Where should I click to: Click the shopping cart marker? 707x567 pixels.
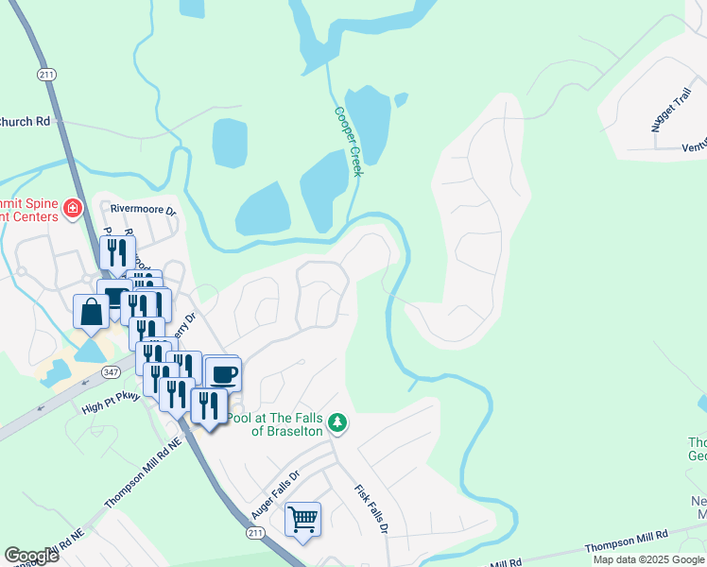(302, 519)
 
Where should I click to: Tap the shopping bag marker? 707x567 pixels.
(92, 312)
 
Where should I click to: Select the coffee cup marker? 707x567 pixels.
(223, 374)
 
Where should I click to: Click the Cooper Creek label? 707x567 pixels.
(349, 134)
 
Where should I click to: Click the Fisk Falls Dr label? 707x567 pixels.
(371, 511)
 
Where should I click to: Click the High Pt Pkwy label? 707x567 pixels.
(112, 404)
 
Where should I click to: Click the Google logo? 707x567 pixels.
(32, 556)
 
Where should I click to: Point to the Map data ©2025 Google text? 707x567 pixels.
(648, 559)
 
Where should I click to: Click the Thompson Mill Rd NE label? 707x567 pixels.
(142, 472)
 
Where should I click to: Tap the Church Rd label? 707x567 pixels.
(26, 121)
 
